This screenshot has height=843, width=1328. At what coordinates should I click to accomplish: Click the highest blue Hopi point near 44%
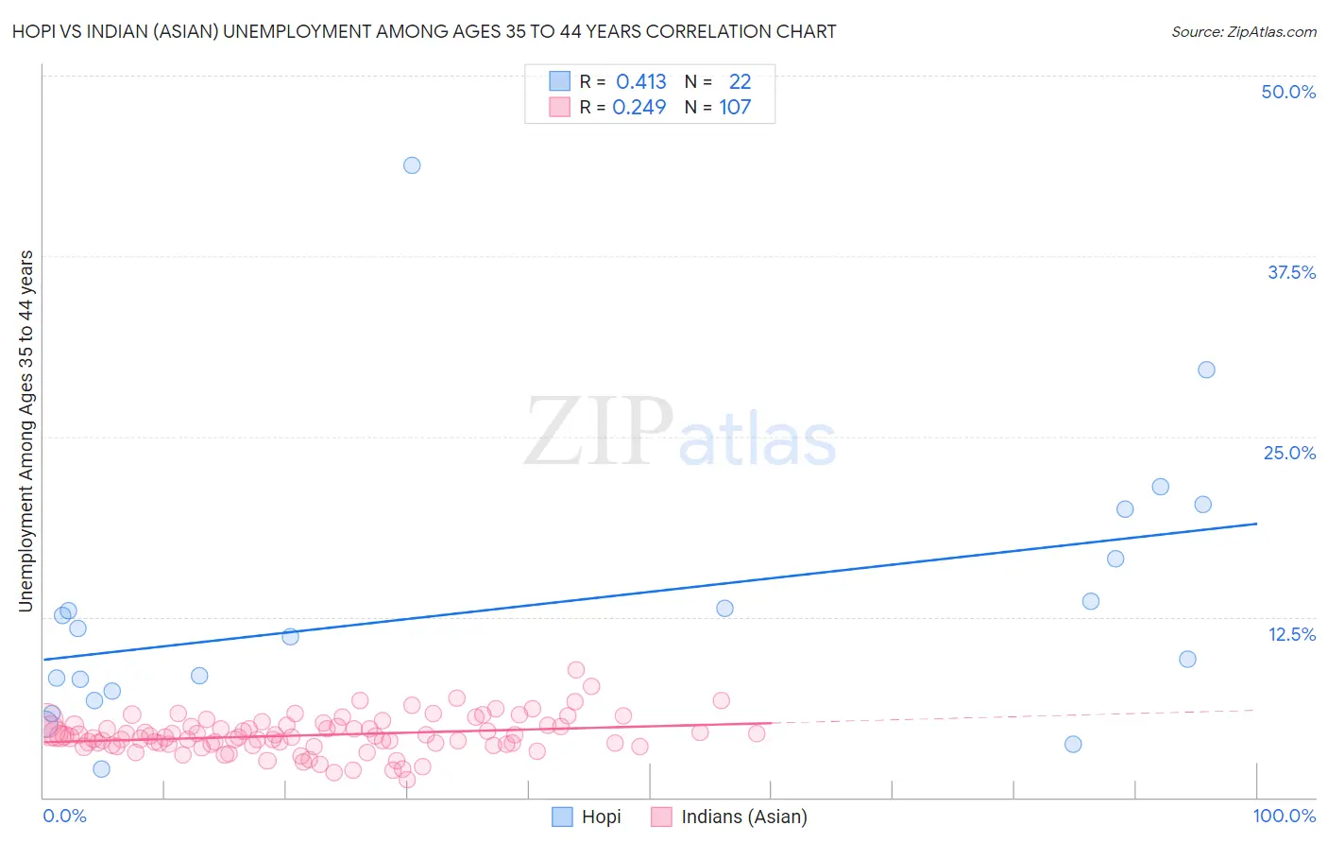412,165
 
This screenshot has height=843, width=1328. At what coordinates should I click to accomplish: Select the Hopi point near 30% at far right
1206,370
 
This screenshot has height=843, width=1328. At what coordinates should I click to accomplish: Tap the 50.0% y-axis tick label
1288,92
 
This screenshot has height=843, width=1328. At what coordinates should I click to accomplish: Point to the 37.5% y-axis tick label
1291,272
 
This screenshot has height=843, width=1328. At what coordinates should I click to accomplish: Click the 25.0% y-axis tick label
1289,453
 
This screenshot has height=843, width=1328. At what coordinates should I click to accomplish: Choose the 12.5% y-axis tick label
1291,634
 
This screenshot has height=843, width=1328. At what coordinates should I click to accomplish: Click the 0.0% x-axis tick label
64,816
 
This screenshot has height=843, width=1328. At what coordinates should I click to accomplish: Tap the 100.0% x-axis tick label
1285,816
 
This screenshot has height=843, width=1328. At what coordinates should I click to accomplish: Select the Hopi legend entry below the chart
587,817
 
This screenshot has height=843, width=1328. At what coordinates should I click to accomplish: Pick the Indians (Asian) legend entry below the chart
729,817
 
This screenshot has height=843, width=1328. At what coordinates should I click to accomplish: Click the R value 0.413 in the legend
641,82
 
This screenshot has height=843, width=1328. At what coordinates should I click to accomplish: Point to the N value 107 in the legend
735,108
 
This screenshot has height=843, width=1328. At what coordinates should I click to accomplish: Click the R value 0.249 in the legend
639,108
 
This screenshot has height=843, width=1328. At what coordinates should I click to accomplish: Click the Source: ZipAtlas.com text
1243,31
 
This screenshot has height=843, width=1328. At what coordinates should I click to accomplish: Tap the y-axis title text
26,430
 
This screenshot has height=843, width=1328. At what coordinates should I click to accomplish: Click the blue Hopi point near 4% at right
1073,744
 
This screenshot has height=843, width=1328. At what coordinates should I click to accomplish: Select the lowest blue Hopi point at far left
101,768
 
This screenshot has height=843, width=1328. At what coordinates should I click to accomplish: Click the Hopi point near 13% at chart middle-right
724,608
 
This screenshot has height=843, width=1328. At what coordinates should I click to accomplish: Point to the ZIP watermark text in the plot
599,432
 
